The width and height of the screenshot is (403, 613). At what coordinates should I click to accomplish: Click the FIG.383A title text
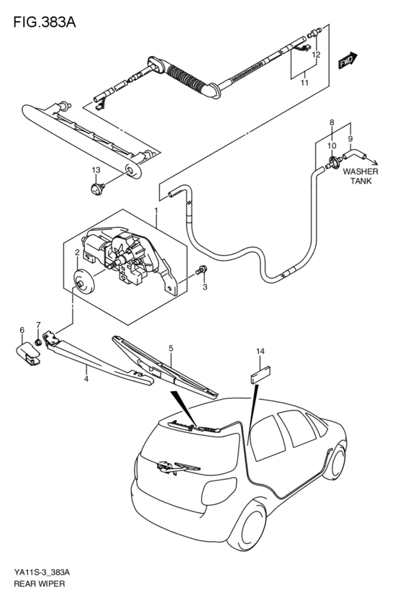(x=44, y=22)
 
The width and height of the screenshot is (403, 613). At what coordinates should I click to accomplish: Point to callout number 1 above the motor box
(x=155, y=211)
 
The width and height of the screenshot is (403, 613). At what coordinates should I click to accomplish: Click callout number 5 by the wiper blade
(x=171, y=349)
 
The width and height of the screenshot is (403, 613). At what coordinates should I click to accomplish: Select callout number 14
(x=260, y=352)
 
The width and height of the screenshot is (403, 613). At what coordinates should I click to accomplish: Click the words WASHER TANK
(x=359, y=176)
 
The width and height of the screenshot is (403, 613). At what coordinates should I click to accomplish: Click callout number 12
(x=315, y=55)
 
